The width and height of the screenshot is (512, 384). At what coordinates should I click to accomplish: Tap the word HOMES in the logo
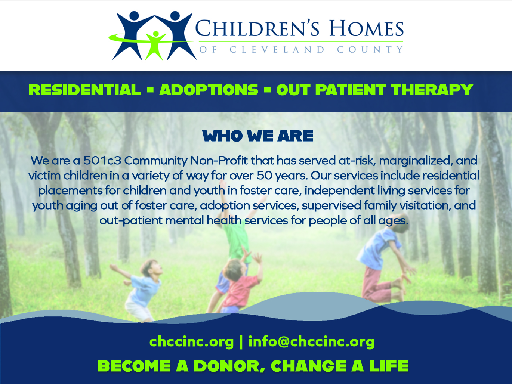[367, 28]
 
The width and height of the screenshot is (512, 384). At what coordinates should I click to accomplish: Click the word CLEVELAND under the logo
[277, 49]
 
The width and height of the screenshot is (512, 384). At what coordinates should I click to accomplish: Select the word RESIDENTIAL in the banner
[85, 90]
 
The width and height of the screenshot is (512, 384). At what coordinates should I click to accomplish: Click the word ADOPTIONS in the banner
[209, 90]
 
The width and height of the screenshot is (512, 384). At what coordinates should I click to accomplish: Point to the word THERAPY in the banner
[432, 90]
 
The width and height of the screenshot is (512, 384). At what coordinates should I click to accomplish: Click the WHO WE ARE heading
[258, 136]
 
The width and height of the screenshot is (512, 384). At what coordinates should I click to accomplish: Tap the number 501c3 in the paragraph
[102, 161]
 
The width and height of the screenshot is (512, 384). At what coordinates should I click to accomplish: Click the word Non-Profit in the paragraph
[219, 161]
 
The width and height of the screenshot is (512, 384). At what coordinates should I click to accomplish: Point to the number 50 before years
[265, 176]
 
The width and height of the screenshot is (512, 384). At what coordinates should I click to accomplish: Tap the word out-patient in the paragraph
[131, 221]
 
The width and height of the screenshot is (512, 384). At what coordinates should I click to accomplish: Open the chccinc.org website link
[191, 342]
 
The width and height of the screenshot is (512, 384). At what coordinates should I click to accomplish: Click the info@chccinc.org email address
[311, 342]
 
